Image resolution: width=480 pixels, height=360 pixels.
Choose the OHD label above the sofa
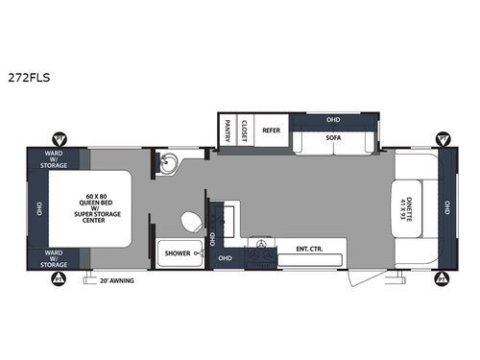(333, 120)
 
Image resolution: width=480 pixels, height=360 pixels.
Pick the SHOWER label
(179, 254)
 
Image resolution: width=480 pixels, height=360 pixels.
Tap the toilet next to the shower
(191, 222)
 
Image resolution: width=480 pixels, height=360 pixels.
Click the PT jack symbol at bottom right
(443, 277)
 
